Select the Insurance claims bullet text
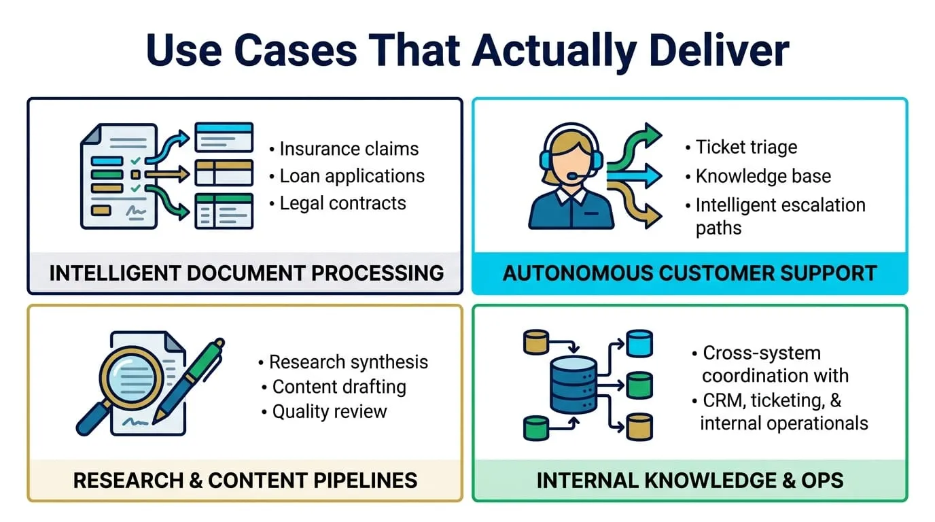point(349,149)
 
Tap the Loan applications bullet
point(352,176)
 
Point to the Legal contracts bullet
point(342,203)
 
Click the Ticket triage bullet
point(746,147)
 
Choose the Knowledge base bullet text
point(763,176)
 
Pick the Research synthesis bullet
point(349,362)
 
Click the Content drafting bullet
point(339,387)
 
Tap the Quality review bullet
point(330,411)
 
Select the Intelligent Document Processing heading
point(246,273)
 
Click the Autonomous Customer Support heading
point(689,273)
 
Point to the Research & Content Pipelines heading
point(245,481)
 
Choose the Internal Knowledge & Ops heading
point(689,481)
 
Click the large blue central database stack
point(573,384)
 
